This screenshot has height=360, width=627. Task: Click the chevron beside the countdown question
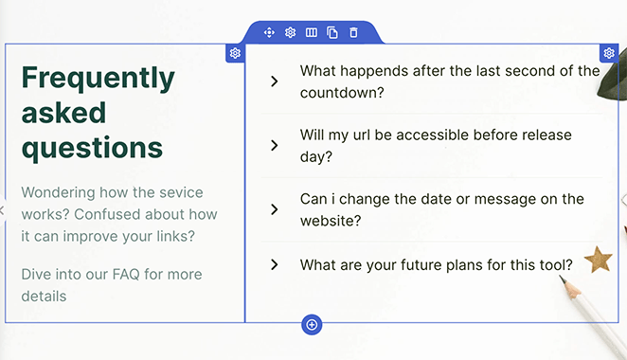point(274,81)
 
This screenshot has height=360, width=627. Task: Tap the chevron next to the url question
point(274,145)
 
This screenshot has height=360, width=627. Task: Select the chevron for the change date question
point(274,209)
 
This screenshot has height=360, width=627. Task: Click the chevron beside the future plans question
point(274,265)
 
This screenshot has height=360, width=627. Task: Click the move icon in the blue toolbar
point(269,33)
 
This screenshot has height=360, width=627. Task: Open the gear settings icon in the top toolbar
point(290,33)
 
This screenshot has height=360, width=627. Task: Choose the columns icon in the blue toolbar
point(311,33)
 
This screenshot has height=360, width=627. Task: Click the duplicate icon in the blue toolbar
point(332,33)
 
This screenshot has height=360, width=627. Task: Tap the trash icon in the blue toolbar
point(353,33)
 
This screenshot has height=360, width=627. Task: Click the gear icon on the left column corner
point(235,53)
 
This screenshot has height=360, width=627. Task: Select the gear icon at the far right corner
point(609,53)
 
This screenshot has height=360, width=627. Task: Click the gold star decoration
point(598,259)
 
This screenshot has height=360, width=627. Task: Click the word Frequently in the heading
point(98,77)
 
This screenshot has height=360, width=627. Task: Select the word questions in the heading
point(92,148)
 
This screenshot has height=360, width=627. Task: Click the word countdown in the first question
point(341,93)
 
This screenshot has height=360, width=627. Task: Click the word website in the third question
point(331,222)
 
